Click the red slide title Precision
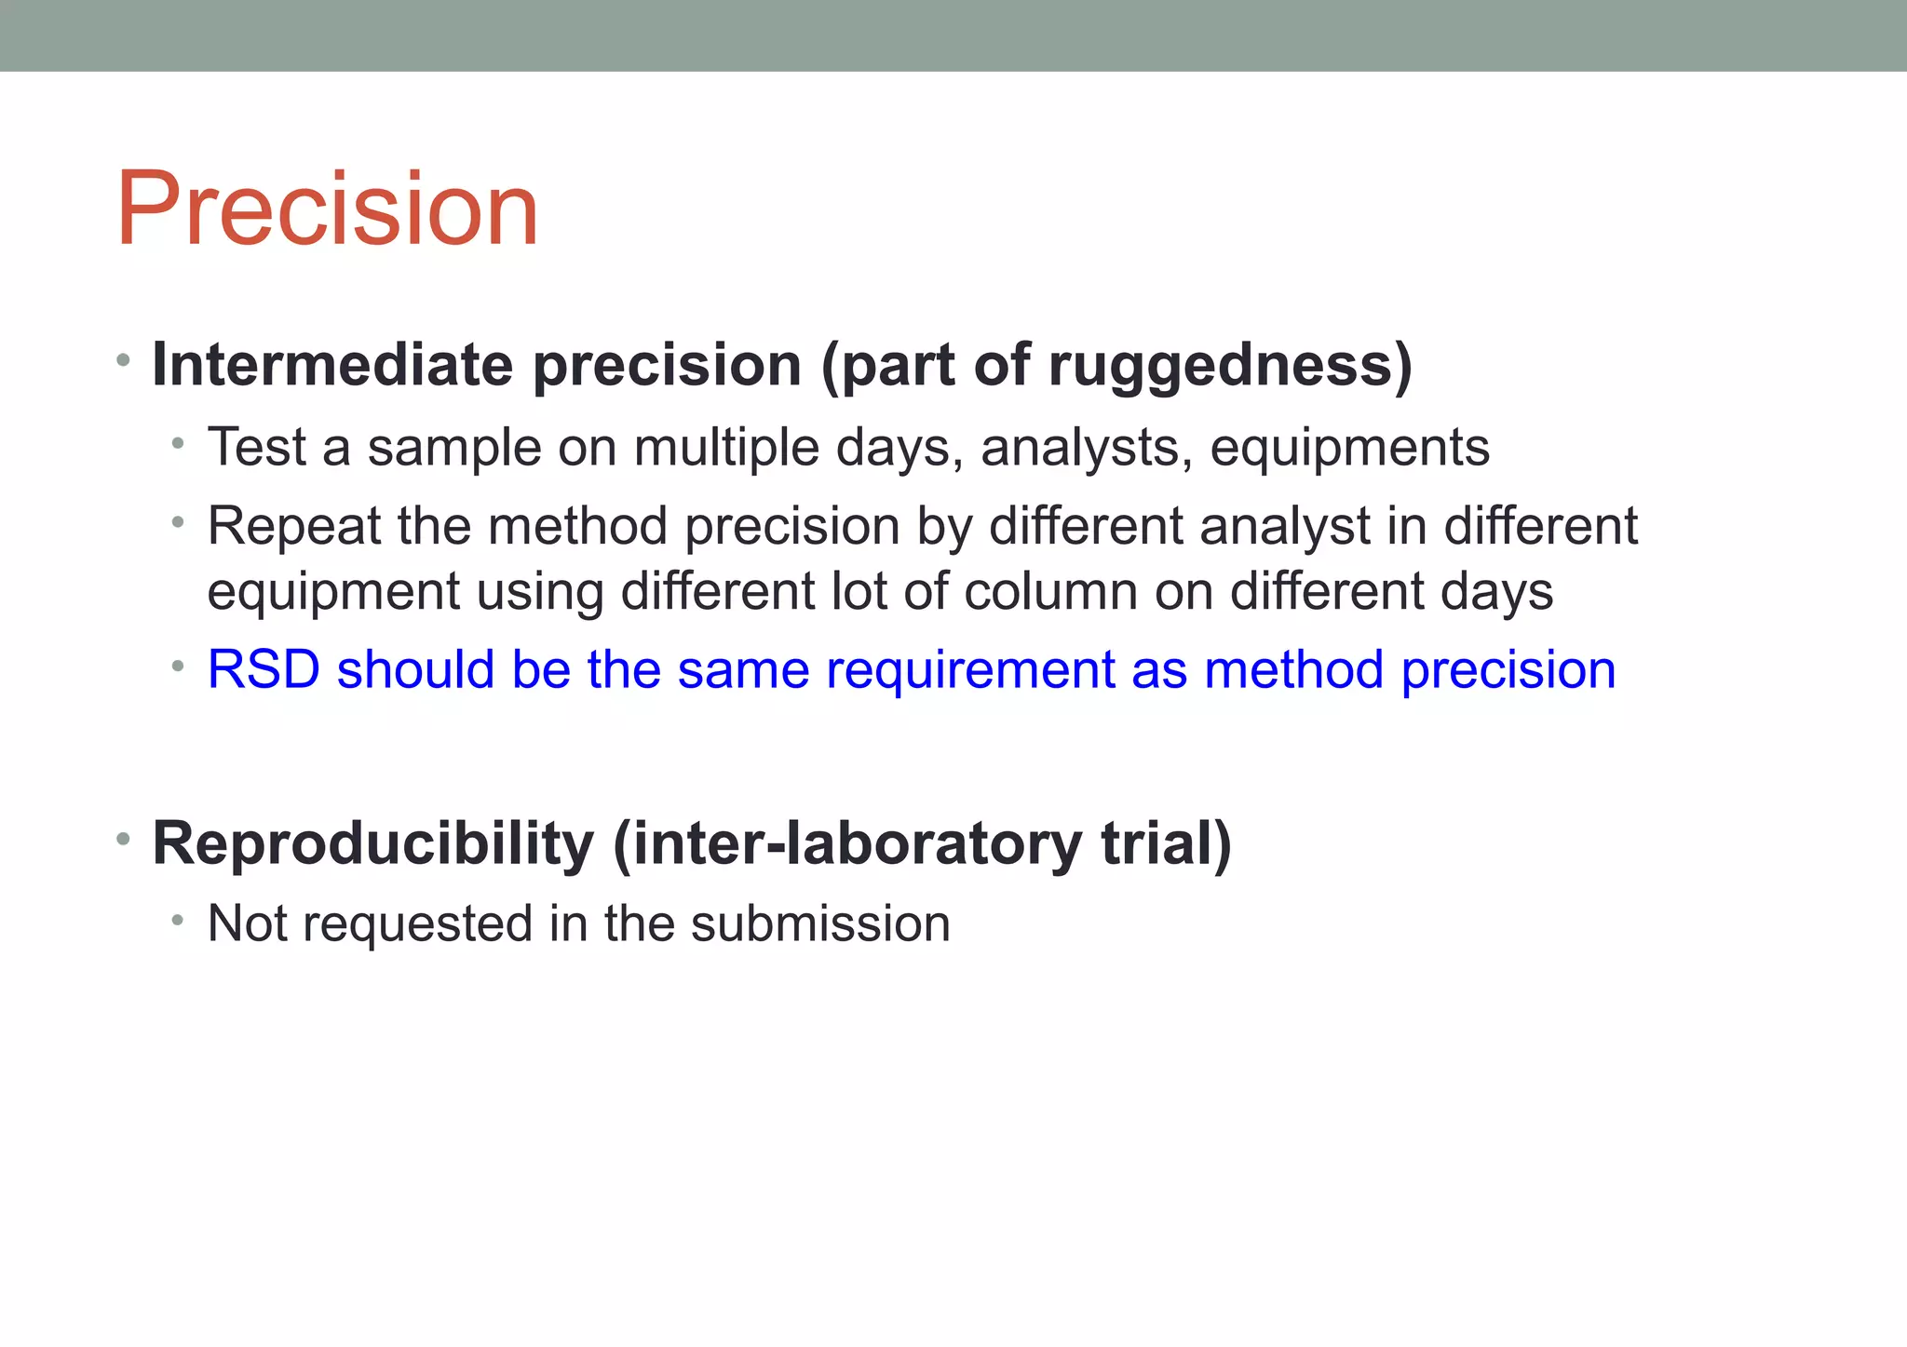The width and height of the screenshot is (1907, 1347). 327,209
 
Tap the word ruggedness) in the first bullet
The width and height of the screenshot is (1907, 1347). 1230,365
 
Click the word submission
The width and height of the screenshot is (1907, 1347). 820,923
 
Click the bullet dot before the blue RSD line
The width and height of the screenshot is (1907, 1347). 178,667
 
